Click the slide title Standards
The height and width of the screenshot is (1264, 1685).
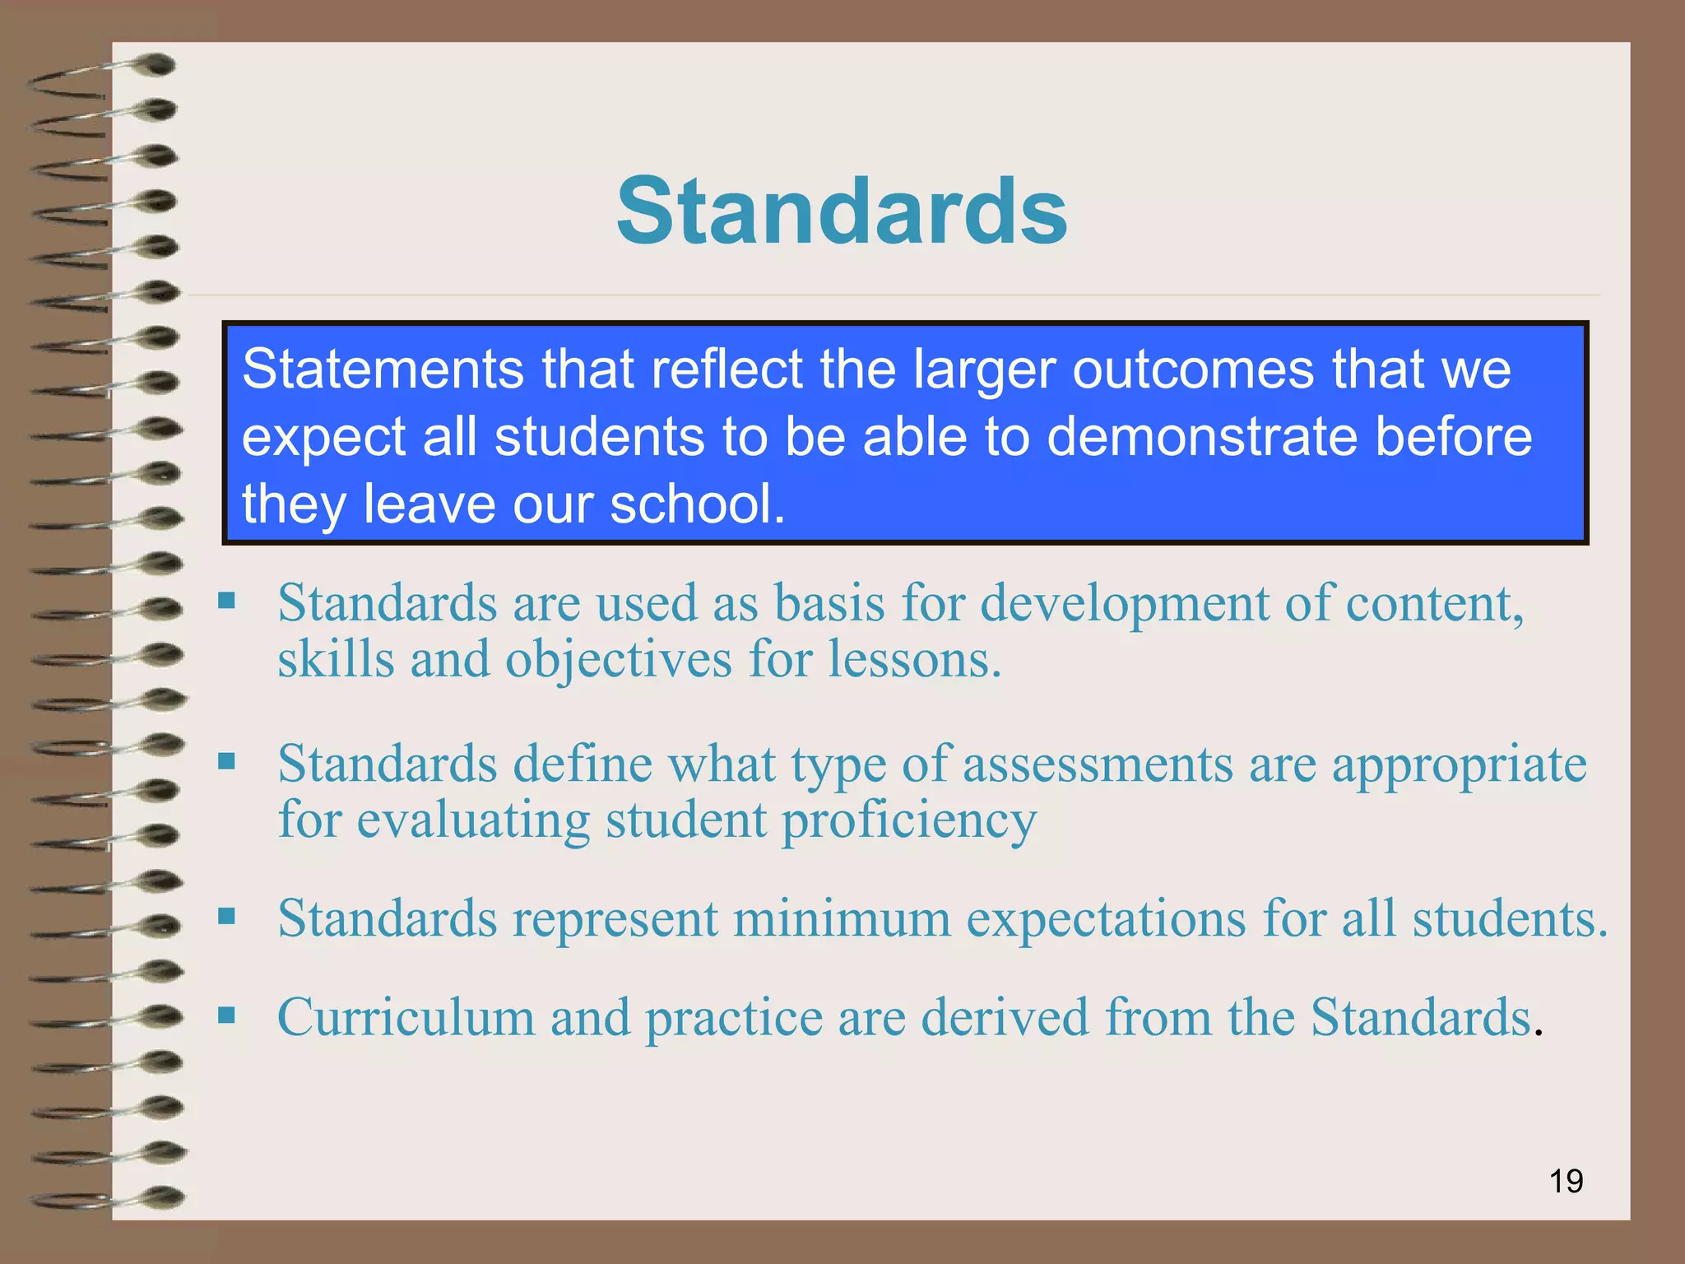[x=842, y=211]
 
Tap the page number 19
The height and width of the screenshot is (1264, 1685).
[x=1566, y=1181]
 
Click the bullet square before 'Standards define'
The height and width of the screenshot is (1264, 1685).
[x=226, y=760]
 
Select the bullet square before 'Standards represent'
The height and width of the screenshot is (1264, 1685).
[x=226, y=915]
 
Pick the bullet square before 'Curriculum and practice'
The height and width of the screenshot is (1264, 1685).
[x=226, y=1014]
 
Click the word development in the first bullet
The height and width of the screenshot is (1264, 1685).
[x=1125, y=604]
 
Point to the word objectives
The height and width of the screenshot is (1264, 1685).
[x=618, y=660]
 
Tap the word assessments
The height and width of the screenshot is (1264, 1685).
[x=1098, y=764]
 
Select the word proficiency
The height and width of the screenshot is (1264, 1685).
[x=908, y=821]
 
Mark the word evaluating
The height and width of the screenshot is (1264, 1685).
[x=473, y=821]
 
